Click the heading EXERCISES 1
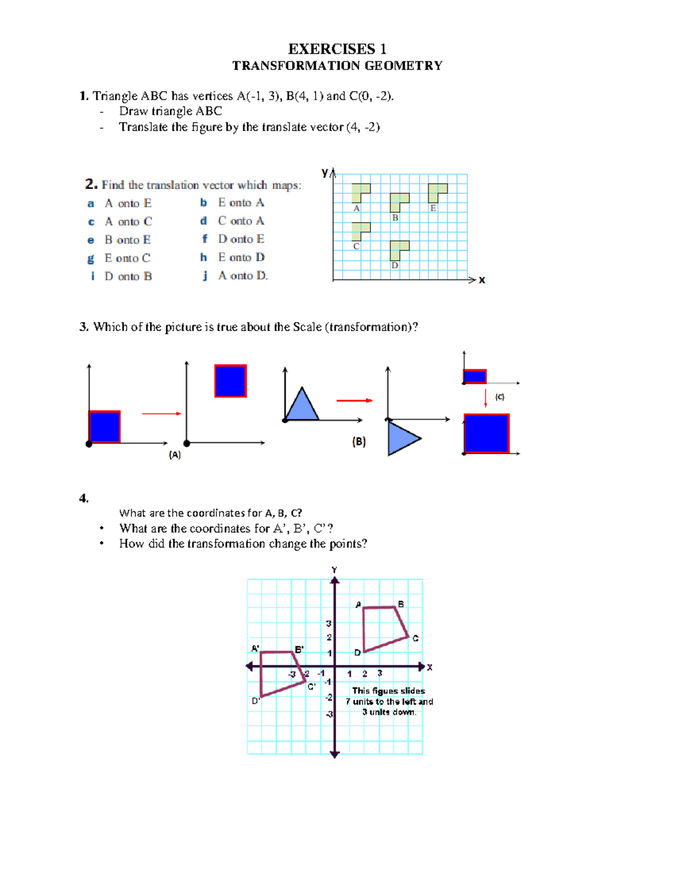point(337,49)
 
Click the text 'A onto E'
point(128,203)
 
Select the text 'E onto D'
point(241,257)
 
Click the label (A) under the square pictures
point(175,455)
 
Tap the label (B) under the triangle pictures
point(359,442)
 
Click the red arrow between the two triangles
point(354,400)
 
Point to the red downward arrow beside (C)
point(485,397)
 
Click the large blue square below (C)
point(487,433)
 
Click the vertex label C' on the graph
point(312,686)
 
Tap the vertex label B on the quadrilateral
point(401,604)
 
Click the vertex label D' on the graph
point(256,701)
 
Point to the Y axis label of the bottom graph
point(335,570)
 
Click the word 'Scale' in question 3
point(307,327)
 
